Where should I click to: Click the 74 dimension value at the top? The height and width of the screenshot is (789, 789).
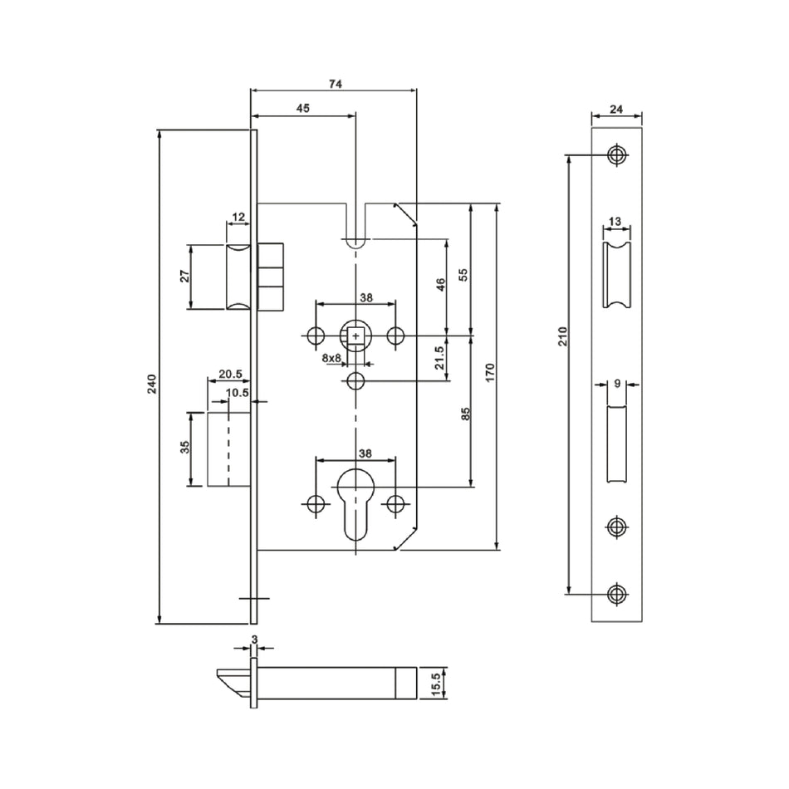pos(335,83)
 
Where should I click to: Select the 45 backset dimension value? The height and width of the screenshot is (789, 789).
pos(302,108)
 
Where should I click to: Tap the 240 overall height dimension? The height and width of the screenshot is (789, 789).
pos(151,384)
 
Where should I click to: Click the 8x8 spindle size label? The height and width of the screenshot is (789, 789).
pos(331,358)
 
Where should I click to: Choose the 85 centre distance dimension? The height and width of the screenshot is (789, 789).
pos(465,413)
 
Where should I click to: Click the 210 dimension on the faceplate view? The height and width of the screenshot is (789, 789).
pos(562,336)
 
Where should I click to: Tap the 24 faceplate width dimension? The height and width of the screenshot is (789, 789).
pos(617,108)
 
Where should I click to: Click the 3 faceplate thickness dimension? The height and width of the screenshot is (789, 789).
pos(254,640)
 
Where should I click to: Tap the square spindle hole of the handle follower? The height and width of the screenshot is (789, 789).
pos(355,336)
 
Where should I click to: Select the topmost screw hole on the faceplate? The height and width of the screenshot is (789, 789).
pos(615,154)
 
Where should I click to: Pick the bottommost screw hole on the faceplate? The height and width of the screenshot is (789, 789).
pos(615,593)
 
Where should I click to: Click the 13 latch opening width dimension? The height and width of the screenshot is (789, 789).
pos(615,221)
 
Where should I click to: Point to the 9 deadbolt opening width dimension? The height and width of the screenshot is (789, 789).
pos(617,384)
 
